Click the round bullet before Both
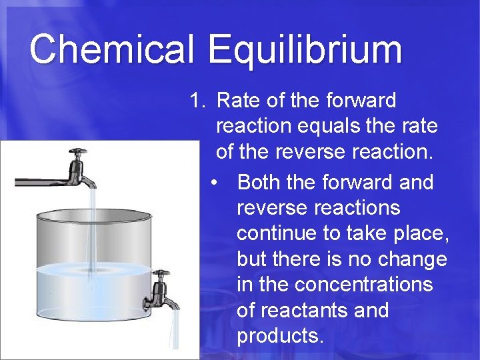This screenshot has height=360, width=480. (213, 183)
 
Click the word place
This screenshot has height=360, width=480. (419, 233)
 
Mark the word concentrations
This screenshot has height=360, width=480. (363, 285)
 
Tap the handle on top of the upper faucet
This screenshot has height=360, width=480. (78, 152)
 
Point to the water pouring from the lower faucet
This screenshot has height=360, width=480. (175, 330)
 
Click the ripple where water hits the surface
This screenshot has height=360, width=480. (93, 271)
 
